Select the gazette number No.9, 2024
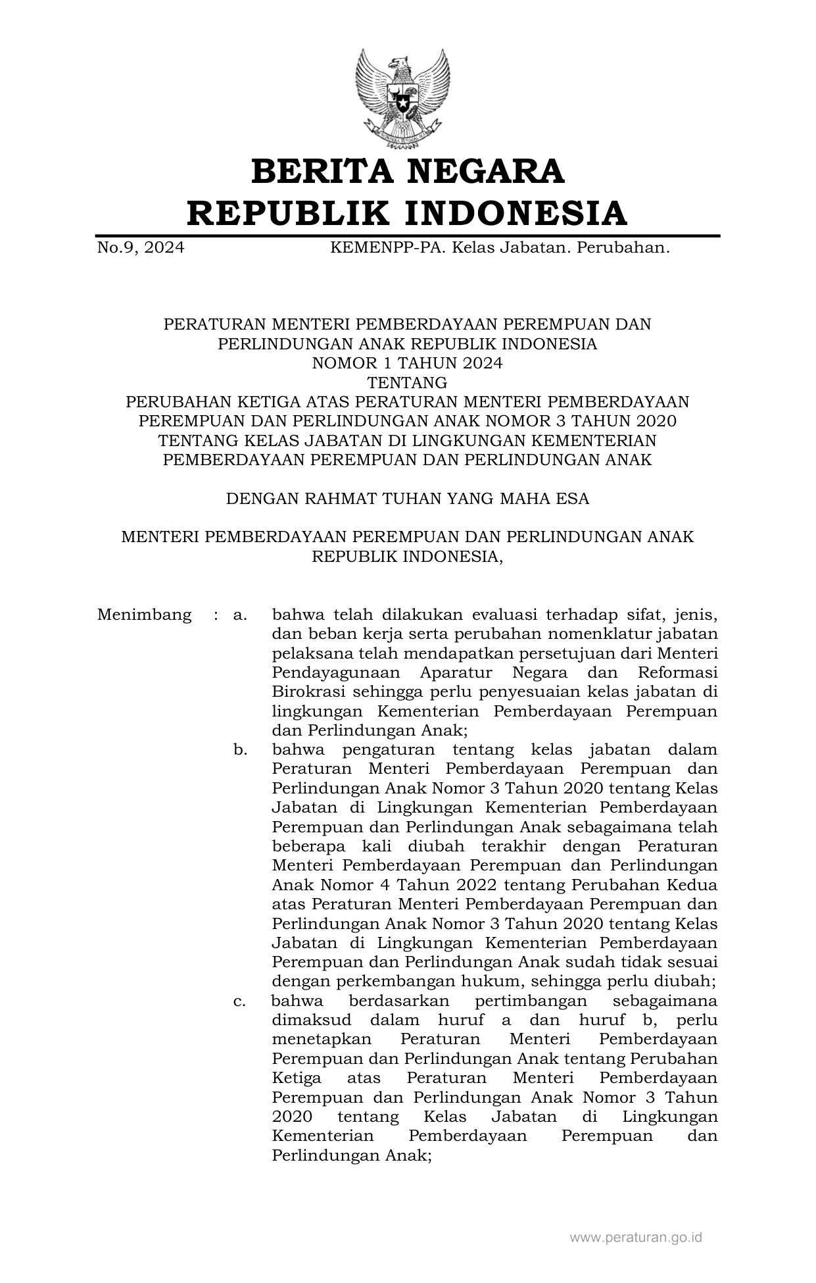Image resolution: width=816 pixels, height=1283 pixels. point(140,248)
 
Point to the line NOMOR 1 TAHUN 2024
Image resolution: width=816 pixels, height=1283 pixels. point(407,363)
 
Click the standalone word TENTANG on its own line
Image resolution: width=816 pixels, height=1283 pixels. point(407,382)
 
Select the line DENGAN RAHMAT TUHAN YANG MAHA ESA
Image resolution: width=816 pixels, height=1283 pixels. point(407,498)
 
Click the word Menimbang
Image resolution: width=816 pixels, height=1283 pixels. point(144,615)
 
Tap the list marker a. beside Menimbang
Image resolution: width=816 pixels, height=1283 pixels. point(239,615)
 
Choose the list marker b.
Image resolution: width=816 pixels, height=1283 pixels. point(240,749)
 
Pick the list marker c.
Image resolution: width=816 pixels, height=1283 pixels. point(239,1001)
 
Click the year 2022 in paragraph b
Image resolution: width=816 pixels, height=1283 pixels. point(471,885)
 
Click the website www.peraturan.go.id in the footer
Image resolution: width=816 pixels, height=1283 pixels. point(635,1237)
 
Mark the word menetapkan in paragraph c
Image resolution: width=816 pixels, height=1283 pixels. point(322,1040)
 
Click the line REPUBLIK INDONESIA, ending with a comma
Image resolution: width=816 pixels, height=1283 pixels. point(407,556)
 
